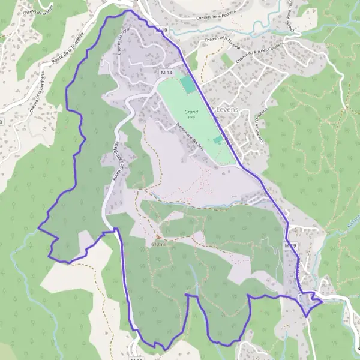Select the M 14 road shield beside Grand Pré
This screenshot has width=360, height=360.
point(166,72)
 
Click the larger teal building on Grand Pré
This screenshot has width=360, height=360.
point(188,85)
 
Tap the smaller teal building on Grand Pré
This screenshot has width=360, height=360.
point(217,139)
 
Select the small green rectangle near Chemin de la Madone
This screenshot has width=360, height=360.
point(226,59)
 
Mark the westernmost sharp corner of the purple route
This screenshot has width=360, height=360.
point(39,227)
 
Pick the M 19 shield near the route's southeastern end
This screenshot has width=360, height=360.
point(290,246)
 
